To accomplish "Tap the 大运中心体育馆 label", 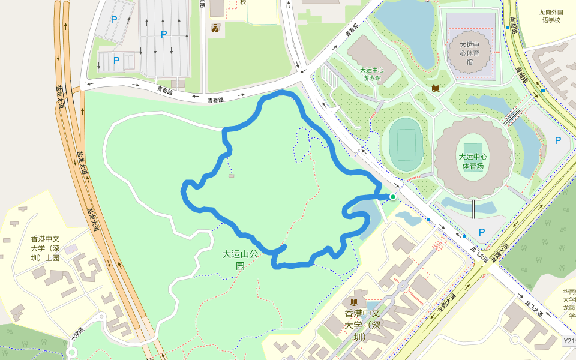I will [470, 53].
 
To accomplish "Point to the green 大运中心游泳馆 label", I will [372, 73].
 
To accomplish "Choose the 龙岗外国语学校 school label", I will [550, 16].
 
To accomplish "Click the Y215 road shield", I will [569, 341].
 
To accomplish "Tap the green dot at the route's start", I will [393, 196].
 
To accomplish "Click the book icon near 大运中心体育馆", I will [436, 88].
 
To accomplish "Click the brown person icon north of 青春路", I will [214, 27].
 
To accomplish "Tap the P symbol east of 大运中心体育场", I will [558, 140].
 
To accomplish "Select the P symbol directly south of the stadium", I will [482, 232].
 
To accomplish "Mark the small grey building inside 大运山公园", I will [232, 176].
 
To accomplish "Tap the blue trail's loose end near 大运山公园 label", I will [284, 247].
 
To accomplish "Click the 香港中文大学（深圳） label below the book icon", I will [364, 325].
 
